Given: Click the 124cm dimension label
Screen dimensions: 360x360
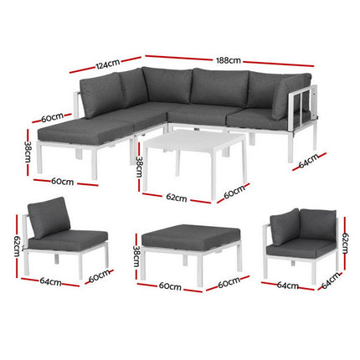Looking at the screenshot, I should [106, 64].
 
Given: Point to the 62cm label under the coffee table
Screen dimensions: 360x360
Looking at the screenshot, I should [175, 198].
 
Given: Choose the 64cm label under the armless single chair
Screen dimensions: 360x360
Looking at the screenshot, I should [49, 282].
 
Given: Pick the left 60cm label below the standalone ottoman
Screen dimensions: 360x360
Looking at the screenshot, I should [169, 286].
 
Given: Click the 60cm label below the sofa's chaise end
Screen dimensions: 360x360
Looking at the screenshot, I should [62, 181].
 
